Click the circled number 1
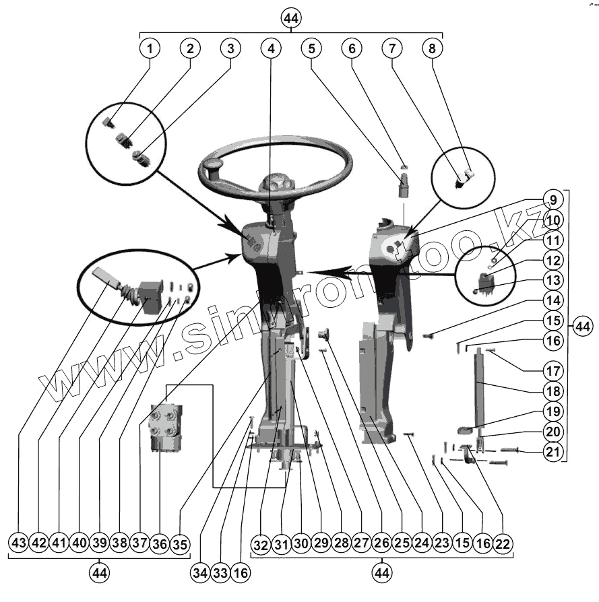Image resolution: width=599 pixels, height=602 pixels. (150, 48)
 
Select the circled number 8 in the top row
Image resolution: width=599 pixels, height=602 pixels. (433, 48)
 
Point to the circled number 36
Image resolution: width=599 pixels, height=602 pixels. (160, 543)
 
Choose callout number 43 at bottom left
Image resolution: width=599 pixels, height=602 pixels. (18, 543)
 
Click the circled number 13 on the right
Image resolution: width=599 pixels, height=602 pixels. (553, 280)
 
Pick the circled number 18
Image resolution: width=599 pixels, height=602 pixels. (553, 391)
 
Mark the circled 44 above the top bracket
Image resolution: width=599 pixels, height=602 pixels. (291, 18)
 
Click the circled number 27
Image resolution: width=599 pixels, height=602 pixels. (362, 543)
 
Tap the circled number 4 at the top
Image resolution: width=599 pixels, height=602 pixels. (271, 48)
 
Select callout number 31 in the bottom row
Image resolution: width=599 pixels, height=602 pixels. (281, 543)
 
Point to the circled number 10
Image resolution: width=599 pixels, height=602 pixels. (553, 220)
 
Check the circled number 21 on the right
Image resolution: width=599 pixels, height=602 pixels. (553, 451)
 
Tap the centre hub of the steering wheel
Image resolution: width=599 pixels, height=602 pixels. (275, 183)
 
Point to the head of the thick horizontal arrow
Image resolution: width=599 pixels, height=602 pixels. (310, 272)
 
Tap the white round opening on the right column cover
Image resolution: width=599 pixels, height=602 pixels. (391, 250)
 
